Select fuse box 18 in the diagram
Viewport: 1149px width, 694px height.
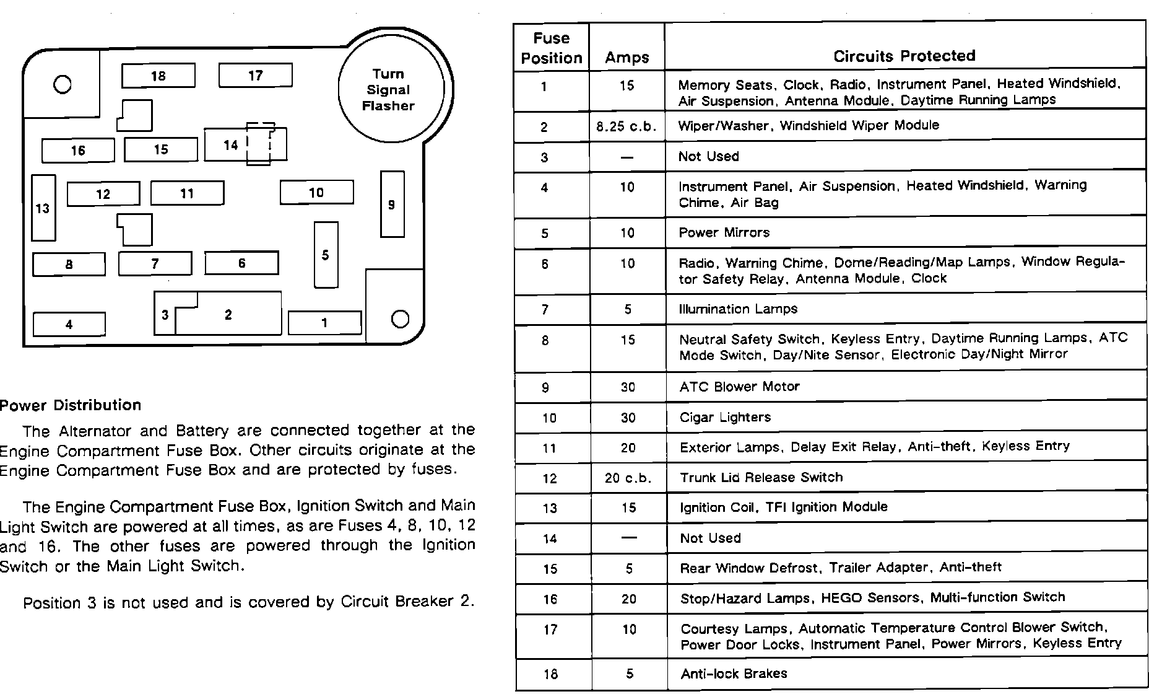(x=158, y=76)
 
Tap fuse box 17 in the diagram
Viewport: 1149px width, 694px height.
(x=255, y=76)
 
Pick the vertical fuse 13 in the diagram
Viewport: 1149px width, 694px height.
(x=43, y=208)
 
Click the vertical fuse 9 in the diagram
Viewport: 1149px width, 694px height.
(x=392, y=204)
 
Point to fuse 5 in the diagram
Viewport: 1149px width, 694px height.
(x=326, y=255)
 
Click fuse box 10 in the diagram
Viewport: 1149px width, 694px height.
(x=316, y=193)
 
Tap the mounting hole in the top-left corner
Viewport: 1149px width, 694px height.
(x=63, y=84)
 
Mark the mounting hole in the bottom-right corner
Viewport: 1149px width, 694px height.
(x=401, y=318)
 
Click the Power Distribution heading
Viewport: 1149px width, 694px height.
(x=71, y=405)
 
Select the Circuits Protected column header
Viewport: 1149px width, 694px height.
(x=904, y=56)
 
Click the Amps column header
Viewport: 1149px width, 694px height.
(x=627, y=58)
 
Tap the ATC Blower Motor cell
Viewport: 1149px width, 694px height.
(x=739, y=387)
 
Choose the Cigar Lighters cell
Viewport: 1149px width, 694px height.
(x=725, y=417)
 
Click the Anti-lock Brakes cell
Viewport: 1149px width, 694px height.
(x=734, y=674)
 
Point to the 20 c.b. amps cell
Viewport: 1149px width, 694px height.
(x=628, y=478)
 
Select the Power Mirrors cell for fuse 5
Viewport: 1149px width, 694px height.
(x=724, y=233)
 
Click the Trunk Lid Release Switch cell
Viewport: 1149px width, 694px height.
(x=761, y=478)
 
